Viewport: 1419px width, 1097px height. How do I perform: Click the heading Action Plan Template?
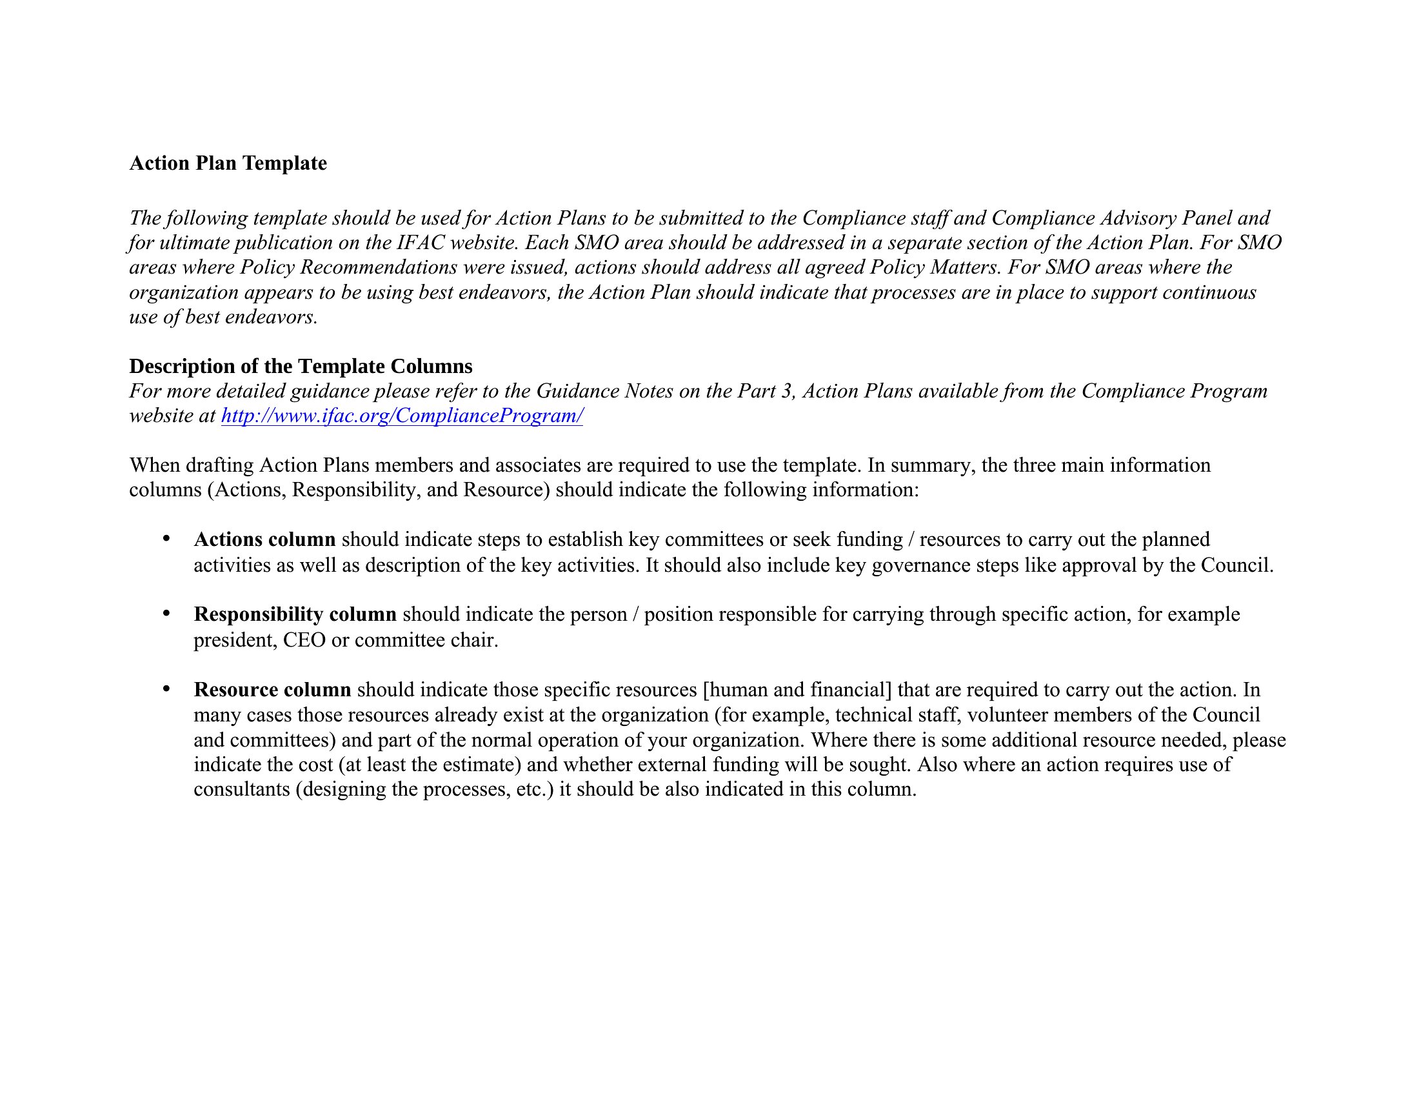(x=228, y=163)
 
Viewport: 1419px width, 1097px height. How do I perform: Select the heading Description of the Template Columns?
(x=301, y=367)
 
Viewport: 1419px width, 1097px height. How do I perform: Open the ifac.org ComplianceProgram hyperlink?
(x=402, y=416)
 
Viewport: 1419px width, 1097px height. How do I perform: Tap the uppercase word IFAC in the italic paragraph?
(x=421, y=243)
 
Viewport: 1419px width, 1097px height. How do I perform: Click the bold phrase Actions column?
(x=264, y=540)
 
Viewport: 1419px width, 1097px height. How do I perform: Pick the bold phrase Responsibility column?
(x=295, y=615)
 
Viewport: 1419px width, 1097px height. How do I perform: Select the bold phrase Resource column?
(x=272, y=690)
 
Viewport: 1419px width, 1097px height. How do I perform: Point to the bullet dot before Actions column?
(x=166, y=539)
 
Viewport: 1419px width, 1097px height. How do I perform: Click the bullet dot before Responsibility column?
(x=166, y=614)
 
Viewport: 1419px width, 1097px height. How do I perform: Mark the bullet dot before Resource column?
(x=166, y=689)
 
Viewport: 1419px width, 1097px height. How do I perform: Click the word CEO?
(x=304, y=641)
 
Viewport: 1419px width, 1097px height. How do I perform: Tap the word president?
(x=235, y=641)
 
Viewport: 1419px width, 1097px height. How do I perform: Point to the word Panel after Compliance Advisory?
(x=1207, y=218)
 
